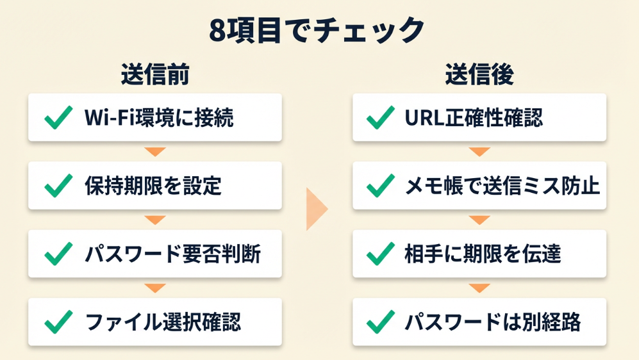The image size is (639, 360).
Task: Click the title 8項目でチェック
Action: [317, 29]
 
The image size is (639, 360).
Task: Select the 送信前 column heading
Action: [155, 76]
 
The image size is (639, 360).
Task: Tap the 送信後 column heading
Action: [479, 76]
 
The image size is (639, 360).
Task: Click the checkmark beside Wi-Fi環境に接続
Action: [58, 118]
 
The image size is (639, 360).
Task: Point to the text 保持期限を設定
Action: [153, 186]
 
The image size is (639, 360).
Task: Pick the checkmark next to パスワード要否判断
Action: [58, 254]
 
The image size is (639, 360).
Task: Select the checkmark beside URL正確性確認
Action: [380, 118]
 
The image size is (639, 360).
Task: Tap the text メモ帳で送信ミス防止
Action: [502, 186]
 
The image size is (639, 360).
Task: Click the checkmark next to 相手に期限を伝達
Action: [380, 254]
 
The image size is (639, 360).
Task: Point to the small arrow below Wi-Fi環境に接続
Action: [155, 152]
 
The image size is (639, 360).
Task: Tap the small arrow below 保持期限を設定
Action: [155, 220]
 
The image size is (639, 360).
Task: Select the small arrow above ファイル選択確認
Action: [155, 288]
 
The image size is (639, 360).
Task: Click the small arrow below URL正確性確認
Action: [479, 152]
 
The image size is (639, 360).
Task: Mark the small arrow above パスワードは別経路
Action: [479, 288]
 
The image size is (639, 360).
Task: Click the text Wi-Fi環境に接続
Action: [159, 118]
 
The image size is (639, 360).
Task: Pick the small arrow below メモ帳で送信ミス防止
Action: [479, 220]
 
